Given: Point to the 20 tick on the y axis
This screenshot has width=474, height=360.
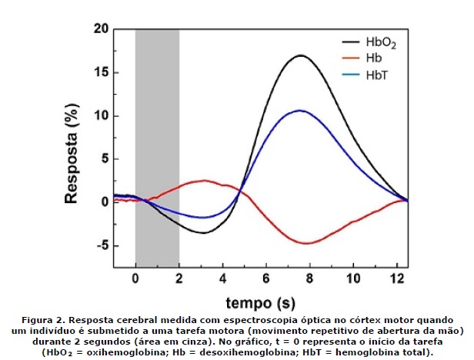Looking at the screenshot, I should (99, 29).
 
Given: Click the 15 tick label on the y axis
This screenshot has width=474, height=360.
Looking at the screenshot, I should (99, 73).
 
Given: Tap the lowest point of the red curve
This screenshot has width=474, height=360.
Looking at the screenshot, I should (307, 243).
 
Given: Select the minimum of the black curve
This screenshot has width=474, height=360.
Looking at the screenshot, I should (203, 232).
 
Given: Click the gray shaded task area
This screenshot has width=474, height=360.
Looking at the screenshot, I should (157, 115).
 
